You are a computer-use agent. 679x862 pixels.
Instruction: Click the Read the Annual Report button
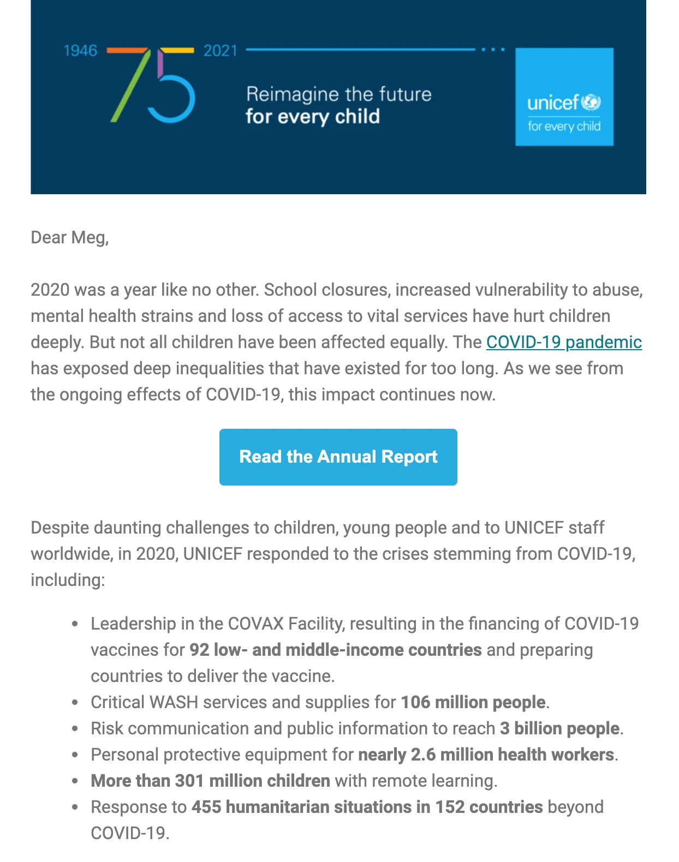coord(338,457)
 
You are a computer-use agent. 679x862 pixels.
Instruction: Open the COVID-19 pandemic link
coord(563,342)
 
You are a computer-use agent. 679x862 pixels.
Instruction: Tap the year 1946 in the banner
coord(80,51)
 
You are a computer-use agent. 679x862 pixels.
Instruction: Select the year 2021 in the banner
coord(221,51)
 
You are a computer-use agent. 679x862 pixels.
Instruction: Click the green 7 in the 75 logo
coord(129,85)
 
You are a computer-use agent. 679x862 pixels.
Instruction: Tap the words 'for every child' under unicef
coord(564,127)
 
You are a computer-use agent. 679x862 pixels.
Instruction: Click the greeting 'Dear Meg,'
coord(70,237)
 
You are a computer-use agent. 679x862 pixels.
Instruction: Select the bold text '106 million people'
coord(473,702)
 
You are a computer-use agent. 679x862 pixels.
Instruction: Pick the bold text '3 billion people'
coord(559,728)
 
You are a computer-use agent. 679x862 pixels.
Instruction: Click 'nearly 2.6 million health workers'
coord(486,755)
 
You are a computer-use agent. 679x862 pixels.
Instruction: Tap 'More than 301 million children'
coord(210,781)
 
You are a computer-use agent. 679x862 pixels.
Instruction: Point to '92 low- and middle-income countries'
coord(335,650)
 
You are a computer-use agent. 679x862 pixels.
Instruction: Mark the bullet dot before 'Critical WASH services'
coord(75,703)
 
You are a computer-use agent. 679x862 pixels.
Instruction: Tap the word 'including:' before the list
coord(68,580)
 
